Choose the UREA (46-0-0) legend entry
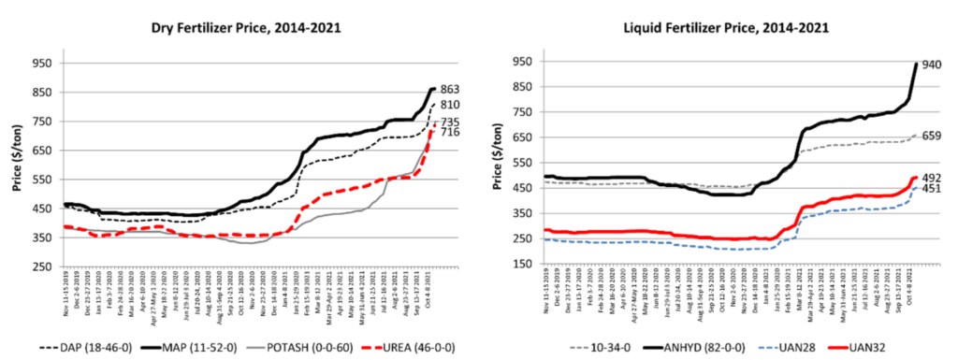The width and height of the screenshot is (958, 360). [x=422, y=343]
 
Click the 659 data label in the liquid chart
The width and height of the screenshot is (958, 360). [x=932, y=136]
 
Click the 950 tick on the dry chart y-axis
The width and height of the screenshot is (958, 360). [x=43, y=64]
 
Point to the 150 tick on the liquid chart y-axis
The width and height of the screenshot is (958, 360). [x=525, y=266]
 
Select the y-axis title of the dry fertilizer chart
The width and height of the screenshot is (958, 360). [x=17, y=165]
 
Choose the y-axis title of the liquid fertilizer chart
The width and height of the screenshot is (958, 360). [x=497, y=165]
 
